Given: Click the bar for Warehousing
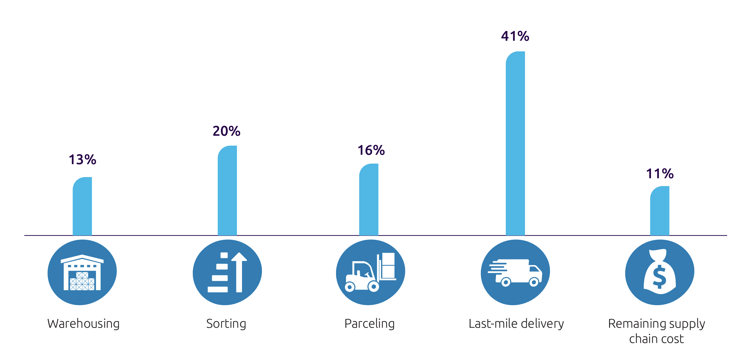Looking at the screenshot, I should click(x=82, y=206).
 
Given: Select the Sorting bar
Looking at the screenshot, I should click(x=227, y=191).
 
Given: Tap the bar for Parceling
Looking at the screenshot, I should click(x=369, y=200).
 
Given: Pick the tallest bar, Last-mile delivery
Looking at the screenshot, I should click(x=515, y=144).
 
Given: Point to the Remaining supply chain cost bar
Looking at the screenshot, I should click(x=660, y=211).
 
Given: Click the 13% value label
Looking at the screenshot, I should click(x=82, y=160).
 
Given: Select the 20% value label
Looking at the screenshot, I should click(x=226, y=131).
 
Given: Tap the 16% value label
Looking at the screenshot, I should click(x=371, y=150).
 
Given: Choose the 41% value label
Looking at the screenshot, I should click(x=515, y=36).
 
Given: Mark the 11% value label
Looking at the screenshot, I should click(x=660, y=174).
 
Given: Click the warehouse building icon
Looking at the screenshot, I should click(x=82, y=273).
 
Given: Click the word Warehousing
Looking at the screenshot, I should click(x=83, y=324).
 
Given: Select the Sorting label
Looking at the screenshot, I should click(x=226, y=324).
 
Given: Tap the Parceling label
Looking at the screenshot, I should click(x=369, y=324).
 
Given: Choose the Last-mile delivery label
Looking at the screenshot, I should click(x=516, y=324).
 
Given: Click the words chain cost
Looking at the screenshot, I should click(x=656, y=339).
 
